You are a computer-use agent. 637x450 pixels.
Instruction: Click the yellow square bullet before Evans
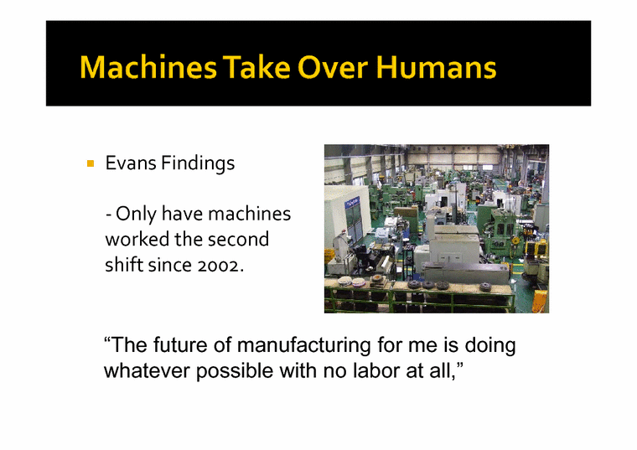click(x=90, y=163)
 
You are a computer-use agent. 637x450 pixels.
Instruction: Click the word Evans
click(x=127, y=163)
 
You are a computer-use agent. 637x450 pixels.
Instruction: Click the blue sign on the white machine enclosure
click(x=355, y=204)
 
